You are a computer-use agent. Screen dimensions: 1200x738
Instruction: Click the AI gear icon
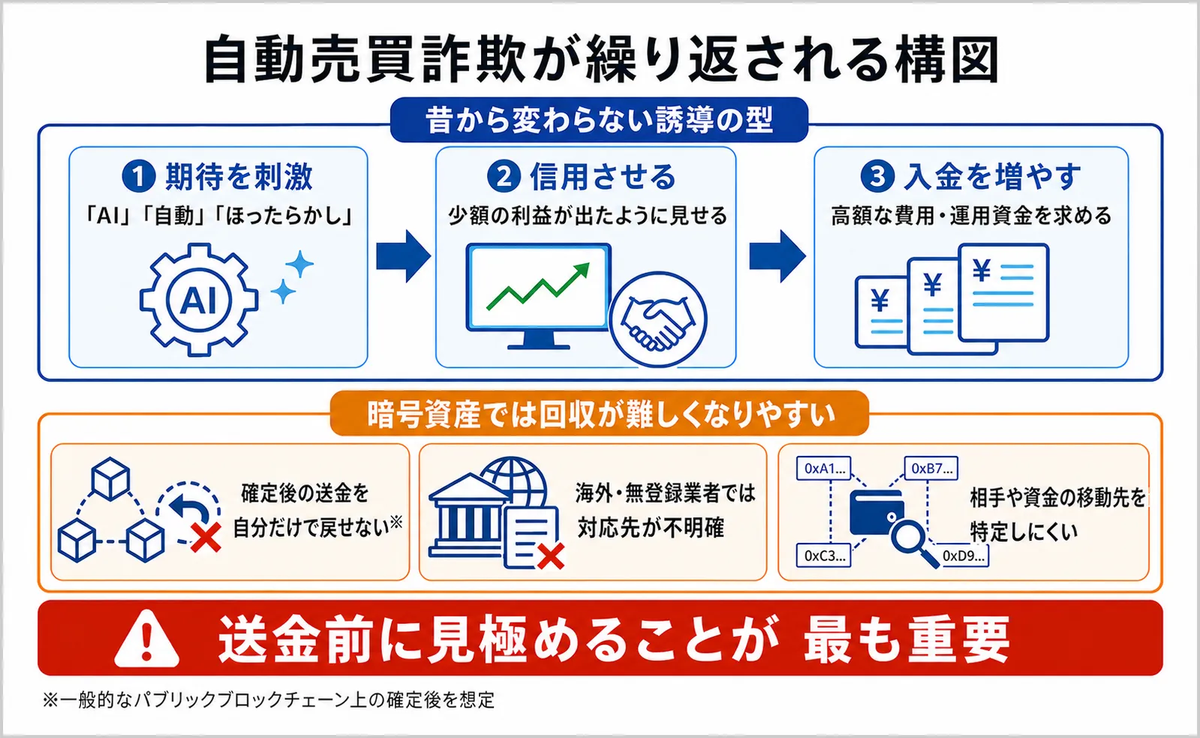[x=199, y=300]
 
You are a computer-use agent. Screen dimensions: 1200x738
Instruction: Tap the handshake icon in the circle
[x=658, y=319]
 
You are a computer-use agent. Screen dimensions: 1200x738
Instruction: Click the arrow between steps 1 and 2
[x=404, y=256]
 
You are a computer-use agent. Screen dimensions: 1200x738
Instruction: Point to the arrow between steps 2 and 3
[x=777, y=256]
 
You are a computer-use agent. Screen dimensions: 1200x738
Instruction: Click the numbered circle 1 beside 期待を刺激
[x=139, y=176]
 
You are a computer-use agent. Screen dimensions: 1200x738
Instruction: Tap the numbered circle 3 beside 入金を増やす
[x=877, y=176]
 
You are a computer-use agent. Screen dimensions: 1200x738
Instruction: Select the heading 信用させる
[x=603, y=176]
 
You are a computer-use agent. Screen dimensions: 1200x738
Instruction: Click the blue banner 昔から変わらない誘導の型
[x=599, y=119]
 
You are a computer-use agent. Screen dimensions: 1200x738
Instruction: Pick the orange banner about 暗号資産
[x=600, y=413]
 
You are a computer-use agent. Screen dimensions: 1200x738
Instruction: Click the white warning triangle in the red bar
[x=147, y=638]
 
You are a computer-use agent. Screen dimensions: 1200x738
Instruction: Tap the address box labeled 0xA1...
[x=823, y=469]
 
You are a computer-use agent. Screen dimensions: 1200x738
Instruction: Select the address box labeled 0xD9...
[x=962, y=556]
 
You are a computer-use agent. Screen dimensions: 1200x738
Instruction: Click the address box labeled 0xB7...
[x=931, y=469]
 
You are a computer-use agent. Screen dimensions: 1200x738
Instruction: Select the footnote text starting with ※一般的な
[x=269, y=700]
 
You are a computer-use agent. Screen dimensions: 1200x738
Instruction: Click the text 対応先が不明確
[x=651, y=528]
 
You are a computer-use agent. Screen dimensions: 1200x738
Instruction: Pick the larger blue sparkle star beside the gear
[x=299, y=264]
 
